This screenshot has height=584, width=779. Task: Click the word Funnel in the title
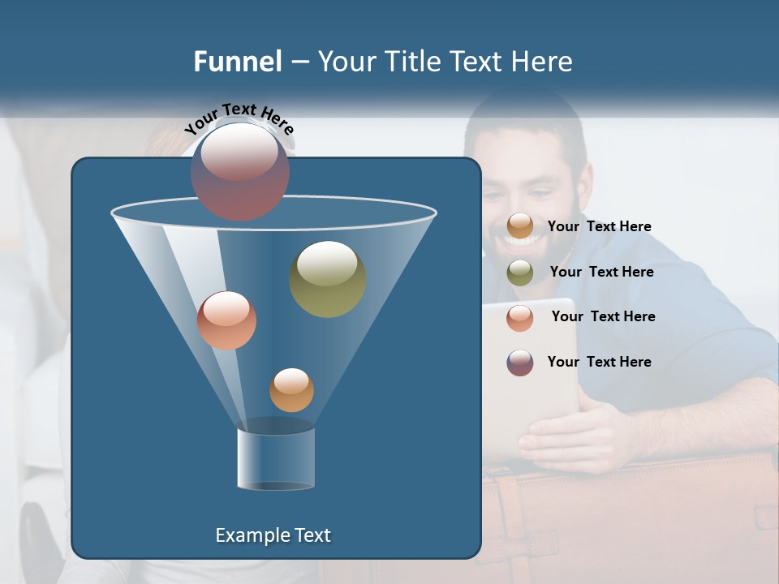tap(237, 62)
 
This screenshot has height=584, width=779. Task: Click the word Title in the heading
tap(414, 62)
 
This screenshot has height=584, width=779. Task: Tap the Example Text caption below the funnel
tap(273, 535)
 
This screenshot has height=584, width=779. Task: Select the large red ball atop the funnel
tap(239, 172)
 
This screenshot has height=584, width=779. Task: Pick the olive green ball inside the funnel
tap(327, 278)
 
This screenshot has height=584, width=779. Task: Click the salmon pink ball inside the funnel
tap(226, 320)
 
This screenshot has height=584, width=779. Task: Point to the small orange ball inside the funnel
tap(291, 390)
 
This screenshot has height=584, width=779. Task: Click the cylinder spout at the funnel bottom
tap(276, 458)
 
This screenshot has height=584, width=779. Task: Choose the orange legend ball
tap(520, 226)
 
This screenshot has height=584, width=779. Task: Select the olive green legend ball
tap(520, 273)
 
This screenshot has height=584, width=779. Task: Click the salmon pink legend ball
tap(520, 317)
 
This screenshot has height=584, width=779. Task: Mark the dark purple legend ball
tap(520, 363)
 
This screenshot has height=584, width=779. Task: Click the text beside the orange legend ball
tap(599, 226)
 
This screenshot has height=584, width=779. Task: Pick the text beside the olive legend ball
tap(601, 272)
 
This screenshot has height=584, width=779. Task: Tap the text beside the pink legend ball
tap(603, 316)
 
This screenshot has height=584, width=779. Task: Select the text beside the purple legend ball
tap(599, 362)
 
